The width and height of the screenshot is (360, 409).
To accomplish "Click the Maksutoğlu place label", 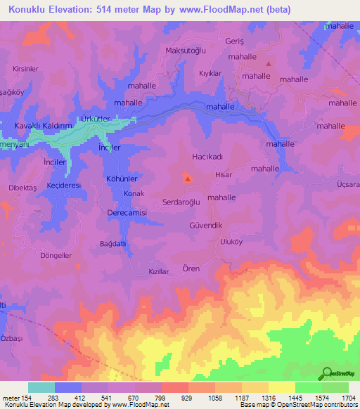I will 184,50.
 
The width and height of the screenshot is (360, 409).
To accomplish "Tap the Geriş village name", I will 253,41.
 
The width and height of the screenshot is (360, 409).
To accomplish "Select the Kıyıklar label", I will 210,73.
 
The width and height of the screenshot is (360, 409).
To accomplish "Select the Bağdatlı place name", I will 112,243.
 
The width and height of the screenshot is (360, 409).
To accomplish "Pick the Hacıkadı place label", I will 207,157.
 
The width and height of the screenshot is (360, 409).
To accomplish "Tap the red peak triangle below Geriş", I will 268,64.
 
